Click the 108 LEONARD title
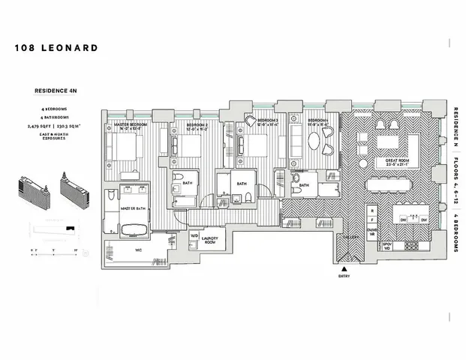[x=56, y=48]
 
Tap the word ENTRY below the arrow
[x=344, y=277]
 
